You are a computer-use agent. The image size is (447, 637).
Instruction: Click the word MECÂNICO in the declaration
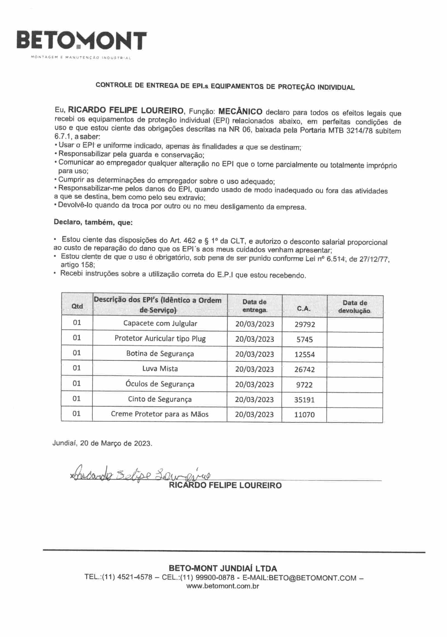coord(240,112)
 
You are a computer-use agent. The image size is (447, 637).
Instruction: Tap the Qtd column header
coord(77,306)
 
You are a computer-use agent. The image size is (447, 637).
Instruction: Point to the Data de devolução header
coord(355,307)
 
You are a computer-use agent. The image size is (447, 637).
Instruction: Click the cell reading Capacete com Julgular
coord(160,324)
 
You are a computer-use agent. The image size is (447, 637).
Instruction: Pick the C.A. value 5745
coord(305,339)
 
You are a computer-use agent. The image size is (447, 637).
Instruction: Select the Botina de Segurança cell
coord(160,354)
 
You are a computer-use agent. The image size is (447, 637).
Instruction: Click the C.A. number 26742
coord(305,370)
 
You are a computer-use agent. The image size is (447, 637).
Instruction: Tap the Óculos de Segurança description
coord(160,384)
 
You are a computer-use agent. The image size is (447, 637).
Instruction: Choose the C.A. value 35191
coord(304,400)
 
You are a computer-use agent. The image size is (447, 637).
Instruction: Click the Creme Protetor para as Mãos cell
coord(160,414)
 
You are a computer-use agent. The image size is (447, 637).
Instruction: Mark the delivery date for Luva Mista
coord(254,369)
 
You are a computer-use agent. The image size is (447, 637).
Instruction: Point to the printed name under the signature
coord(225,485)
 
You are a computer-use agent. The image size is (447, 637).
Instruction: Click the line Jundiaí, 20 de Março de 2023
coord(103,443)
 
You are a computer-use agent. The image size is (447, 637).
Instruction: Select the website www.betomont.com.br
coord(223,586)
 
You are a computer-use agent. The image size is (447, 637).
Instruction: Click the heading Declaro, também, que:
coord(93,223)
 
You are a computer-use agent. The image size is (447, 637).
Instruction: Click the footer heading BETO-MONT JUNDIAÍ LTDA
coord(223,568)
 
